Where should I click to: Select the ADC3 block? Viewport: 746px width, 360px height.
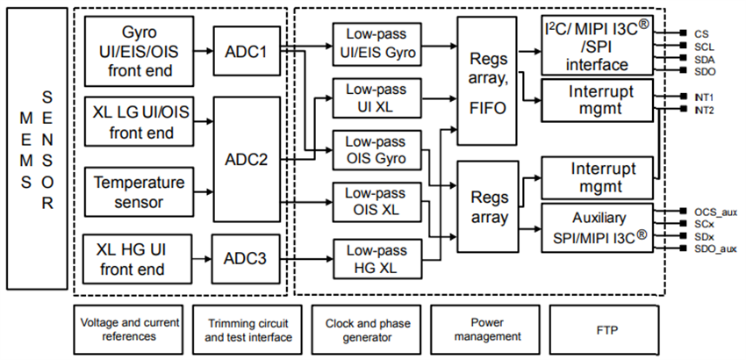(x=245, y=259)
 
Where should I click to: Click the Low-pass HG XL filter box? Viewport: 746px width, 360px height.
(x=376, y=259)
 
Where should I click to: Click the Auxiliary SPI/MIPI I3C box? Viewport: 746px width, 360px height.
(x=598, y=227)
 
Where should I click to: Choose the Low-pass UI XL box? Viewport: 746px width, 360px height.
(x=376, y=98)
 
